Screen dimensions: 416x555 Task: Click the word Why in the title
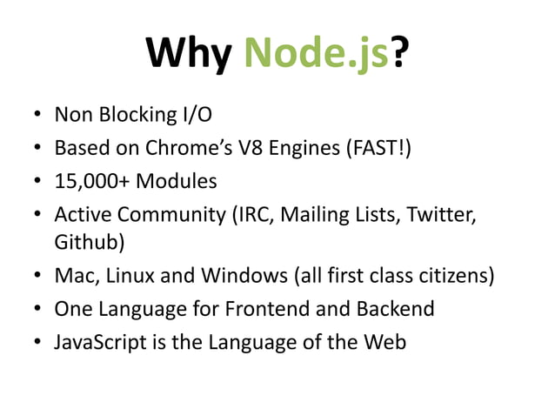pos(191,55)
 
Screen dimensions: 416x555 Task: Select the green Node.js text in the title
pos(315,55)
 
